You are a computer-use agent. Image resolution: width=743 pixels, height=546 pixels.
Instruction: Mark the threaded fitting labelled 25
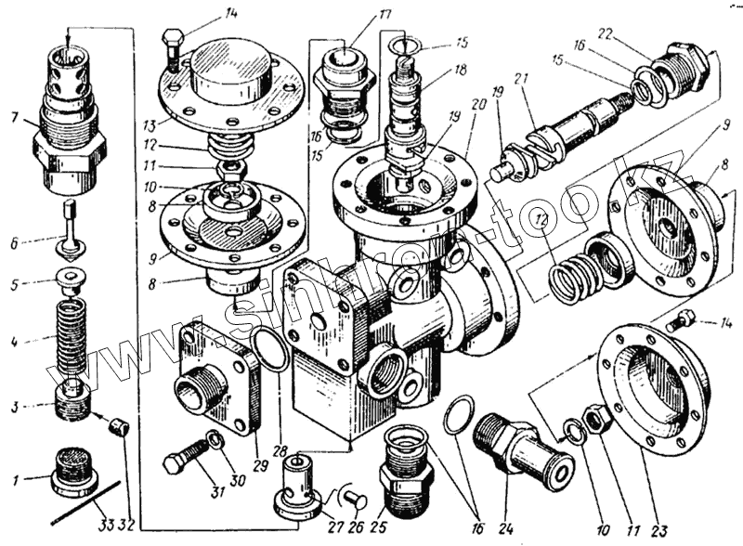click(x=405, y=469)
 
